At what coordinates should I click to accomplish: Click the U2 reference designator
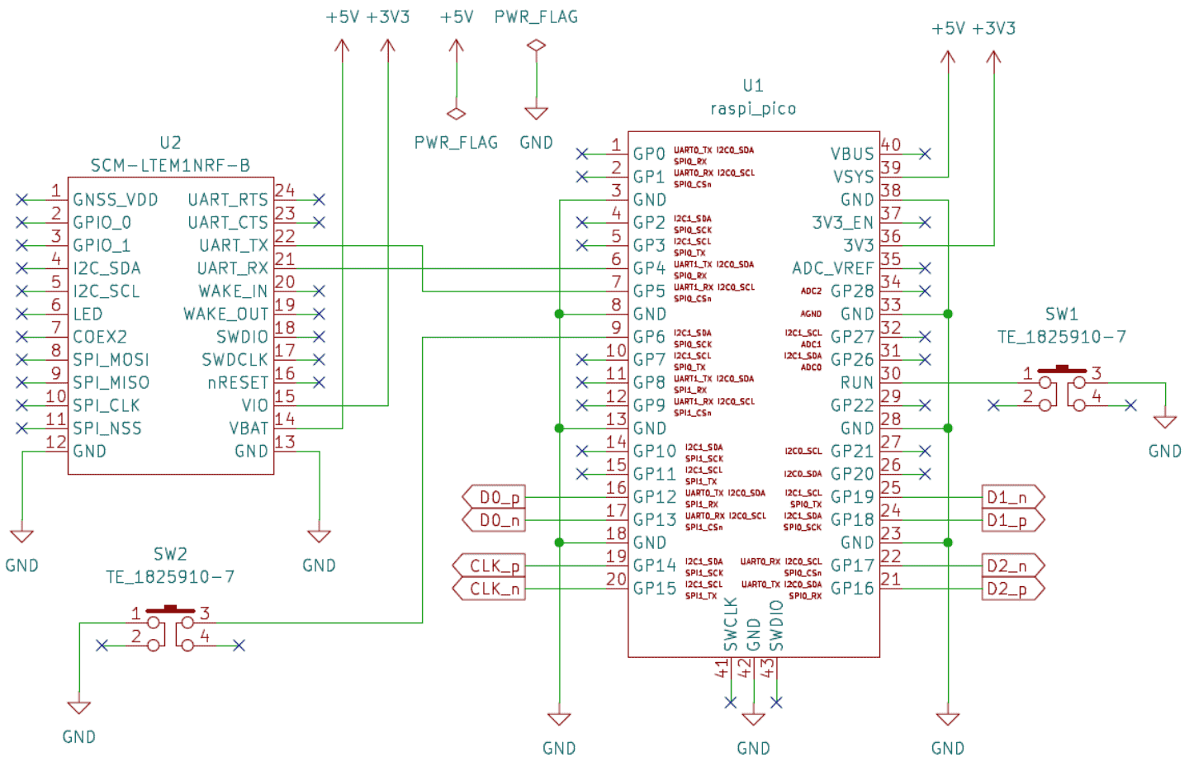pyautogui.click(x=170, y=143)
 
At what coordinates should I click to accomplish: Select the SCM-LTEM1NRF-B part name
pyautogui.click(x=170, y=165)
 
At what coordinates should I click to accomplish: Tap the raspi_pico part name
pyautogui.click(x=753, y=108)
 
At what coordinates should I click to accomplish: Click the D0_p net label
pyautogui.click(x=500, y=497)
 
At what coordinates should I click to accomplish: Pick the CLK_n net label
pyautogui.click(x=494, y=589)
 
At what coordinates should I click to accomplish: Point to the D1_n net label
pyautogui.click(x=1007, y=497)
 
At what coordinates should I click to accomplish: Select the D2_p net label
pyautogui.click(x=1007, y=589)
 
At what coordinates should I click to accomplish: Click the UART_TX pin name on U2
pyautogui.click(x=234, y=245)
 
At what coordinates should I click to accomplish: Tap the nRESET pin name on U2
pyautogui.click(x=238, y=383)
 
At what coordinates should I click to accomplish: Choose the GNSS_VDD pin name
pyautogui.click(x=115, y=200)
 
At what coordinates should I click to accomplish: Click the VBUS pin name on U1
pyautogui.click(x=852, y=154)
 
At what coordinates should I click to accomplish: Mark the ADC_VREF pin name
pyautogui.click(x=832, y=268)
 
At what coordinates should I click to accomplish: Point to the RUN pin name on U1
pyautogui.click(x=857, y=383)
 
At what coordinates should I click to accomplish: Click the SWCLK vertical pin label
pyautogui.click(x=731, y=624)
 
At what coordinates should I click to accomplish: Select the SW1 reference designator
pyautogui.click(x=1061, y=314)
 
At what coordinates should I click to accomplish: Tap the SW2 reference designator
pyautogui.click(x=170, y=554)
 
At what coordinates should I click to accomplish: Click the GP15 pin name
pyautogui.click(x=655, y=589)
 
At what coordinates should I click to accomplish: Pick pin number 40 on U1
pyautogui.click(x=891, y=144)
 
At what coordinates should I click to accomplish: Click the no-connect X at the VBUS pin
pyautogui.click(x=926, y=154)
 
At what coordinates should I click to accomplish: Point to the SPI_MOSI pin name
pyautogui.click(x=111, y=360)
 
